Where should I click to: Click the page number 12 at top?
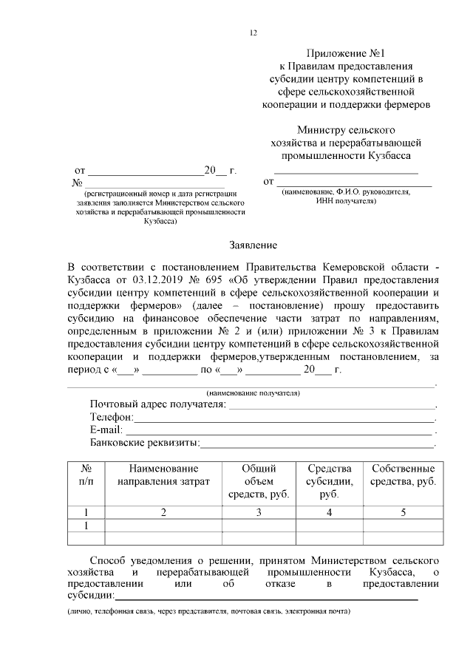pos(253,33)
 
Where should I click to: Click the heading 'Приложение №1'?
pos(347,53)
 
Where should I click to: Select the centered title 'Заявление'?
pos(253,245)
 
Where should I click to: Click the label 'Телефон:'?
pos(112,417)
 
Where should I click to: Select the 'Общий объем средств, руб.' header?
pos(259,481)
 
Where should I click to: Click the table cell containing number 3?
pos(259,512)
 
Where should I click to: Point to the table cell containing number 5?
pos(403,512)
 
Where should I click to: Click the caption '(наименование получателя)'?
pos(253,393)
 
